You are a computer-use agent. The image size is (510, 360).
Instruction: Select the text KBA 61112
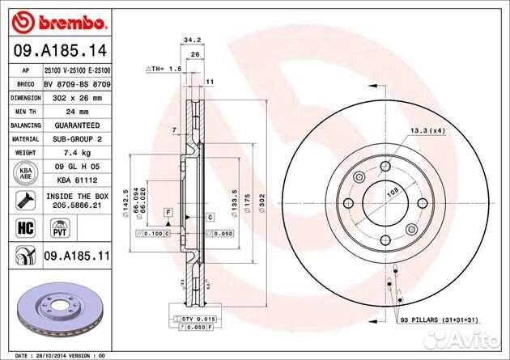coord(77,180)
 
